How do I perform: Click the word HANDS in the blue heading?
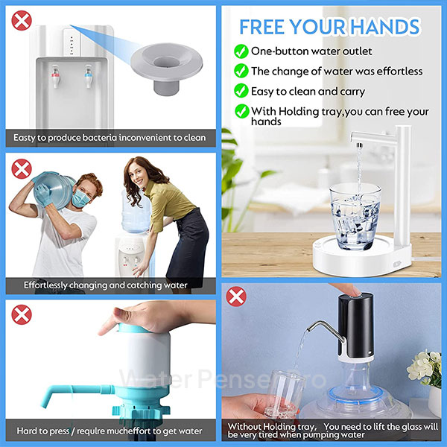tap(385, 27)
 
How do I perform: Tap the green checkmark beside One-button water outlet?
tap(241, 51)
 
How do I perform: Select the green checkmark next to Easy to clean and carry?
tap(241, 91)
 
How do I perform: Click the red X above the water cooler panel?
tap(22, 21)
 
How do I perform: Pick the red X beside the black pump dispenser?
tap(236, 297)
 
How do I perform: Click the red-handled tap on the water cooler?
tap(56, 77)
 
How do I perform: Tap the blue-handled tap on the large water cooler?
tap(89, 77)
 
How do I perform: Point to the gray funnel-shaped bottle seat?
tap(166, 69)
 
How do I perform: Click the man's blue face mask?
tap(80, 198)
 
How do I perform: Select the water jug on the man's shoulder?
tap(54, 191)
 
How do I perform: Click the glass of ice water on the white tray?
tap(355, 217)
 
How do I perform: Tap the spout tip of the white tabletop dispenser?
tap(360, 145)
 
